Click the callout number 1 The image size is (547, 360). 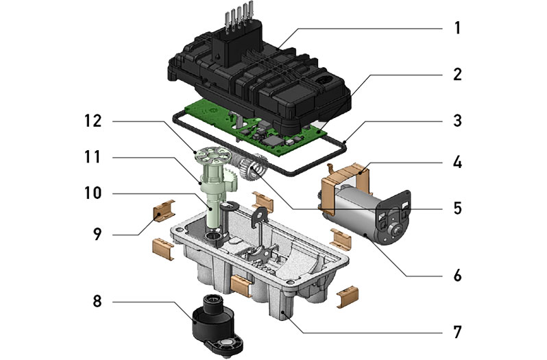[458, 29]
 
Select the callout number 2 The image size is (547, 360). [458, 74]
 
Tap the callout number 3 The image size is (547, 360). [458, 121]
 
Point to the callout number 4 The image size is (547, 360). [458, 165]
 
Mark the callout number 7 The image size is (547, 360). [458, 331]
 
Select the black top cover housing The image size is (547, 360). [260, 75]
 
